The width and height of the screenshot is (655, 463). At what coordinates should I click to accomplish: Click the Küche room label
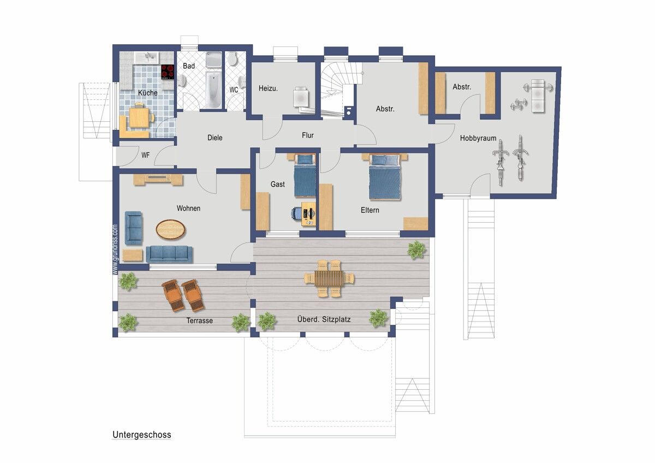pyautogui.click(x=148, y=93)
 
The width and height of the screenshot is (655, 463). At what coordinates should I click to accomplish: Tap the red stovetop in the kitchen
pyautogui.click(x=168, y=72)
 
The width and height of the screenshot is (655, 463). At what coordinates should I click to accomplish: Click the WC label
pyautogui.click(x=234, y=90)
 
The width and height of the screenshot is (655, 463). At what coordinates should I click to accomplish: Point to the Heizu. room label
pyautogui.click(x=268, y=88)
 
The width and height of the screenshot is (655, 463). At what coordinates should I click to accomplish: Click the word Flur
pyautogui.click(x=308, y=135)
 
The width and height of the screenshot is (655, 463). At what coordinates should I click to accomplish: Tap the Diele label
pyautogui.click(x=215, y=138)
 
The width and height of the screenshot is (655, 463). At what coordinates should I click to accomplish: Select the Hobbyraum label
pyautogui.click(x=478, y=138)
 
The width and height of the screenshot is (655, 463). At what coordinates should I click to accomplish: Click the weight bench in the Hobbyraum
pyautogui.click(x=538, y=96)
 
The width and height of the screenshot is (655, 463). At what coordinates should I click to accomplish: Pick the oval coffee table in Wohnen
pyautogui.click(x=170, y=230)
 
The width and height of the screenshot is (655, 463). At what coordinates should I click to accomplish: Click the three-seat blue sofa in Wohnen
pyautogui.click(x=169, y=254)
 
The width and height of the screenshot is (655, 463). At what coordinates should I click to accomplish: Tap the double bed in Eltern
pyautogui.click(x=384, y=177)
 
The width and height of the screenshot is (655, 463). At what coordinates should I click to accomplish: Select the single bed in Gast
pyautogui.click(x=305, y=175)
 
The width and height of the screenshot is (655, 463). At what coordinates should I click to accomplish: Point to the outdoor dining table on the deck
pyautogui.click(x=329, y=278)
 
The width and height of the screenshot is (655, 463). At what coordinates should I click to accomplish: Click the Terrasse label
pyautogui.click(x=200, y=320)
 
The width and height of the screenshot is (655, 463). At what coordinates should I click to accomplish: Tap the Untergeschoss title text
pyautogui.click(x=142, y=435)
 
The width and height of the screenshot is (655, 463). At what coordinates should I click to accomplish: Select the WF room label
pyautogui.click(x=145, y=155)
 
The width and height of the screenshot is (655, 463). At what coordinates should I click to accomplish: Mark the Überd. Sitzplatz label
pyautogui.click(x=324, y=319)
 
